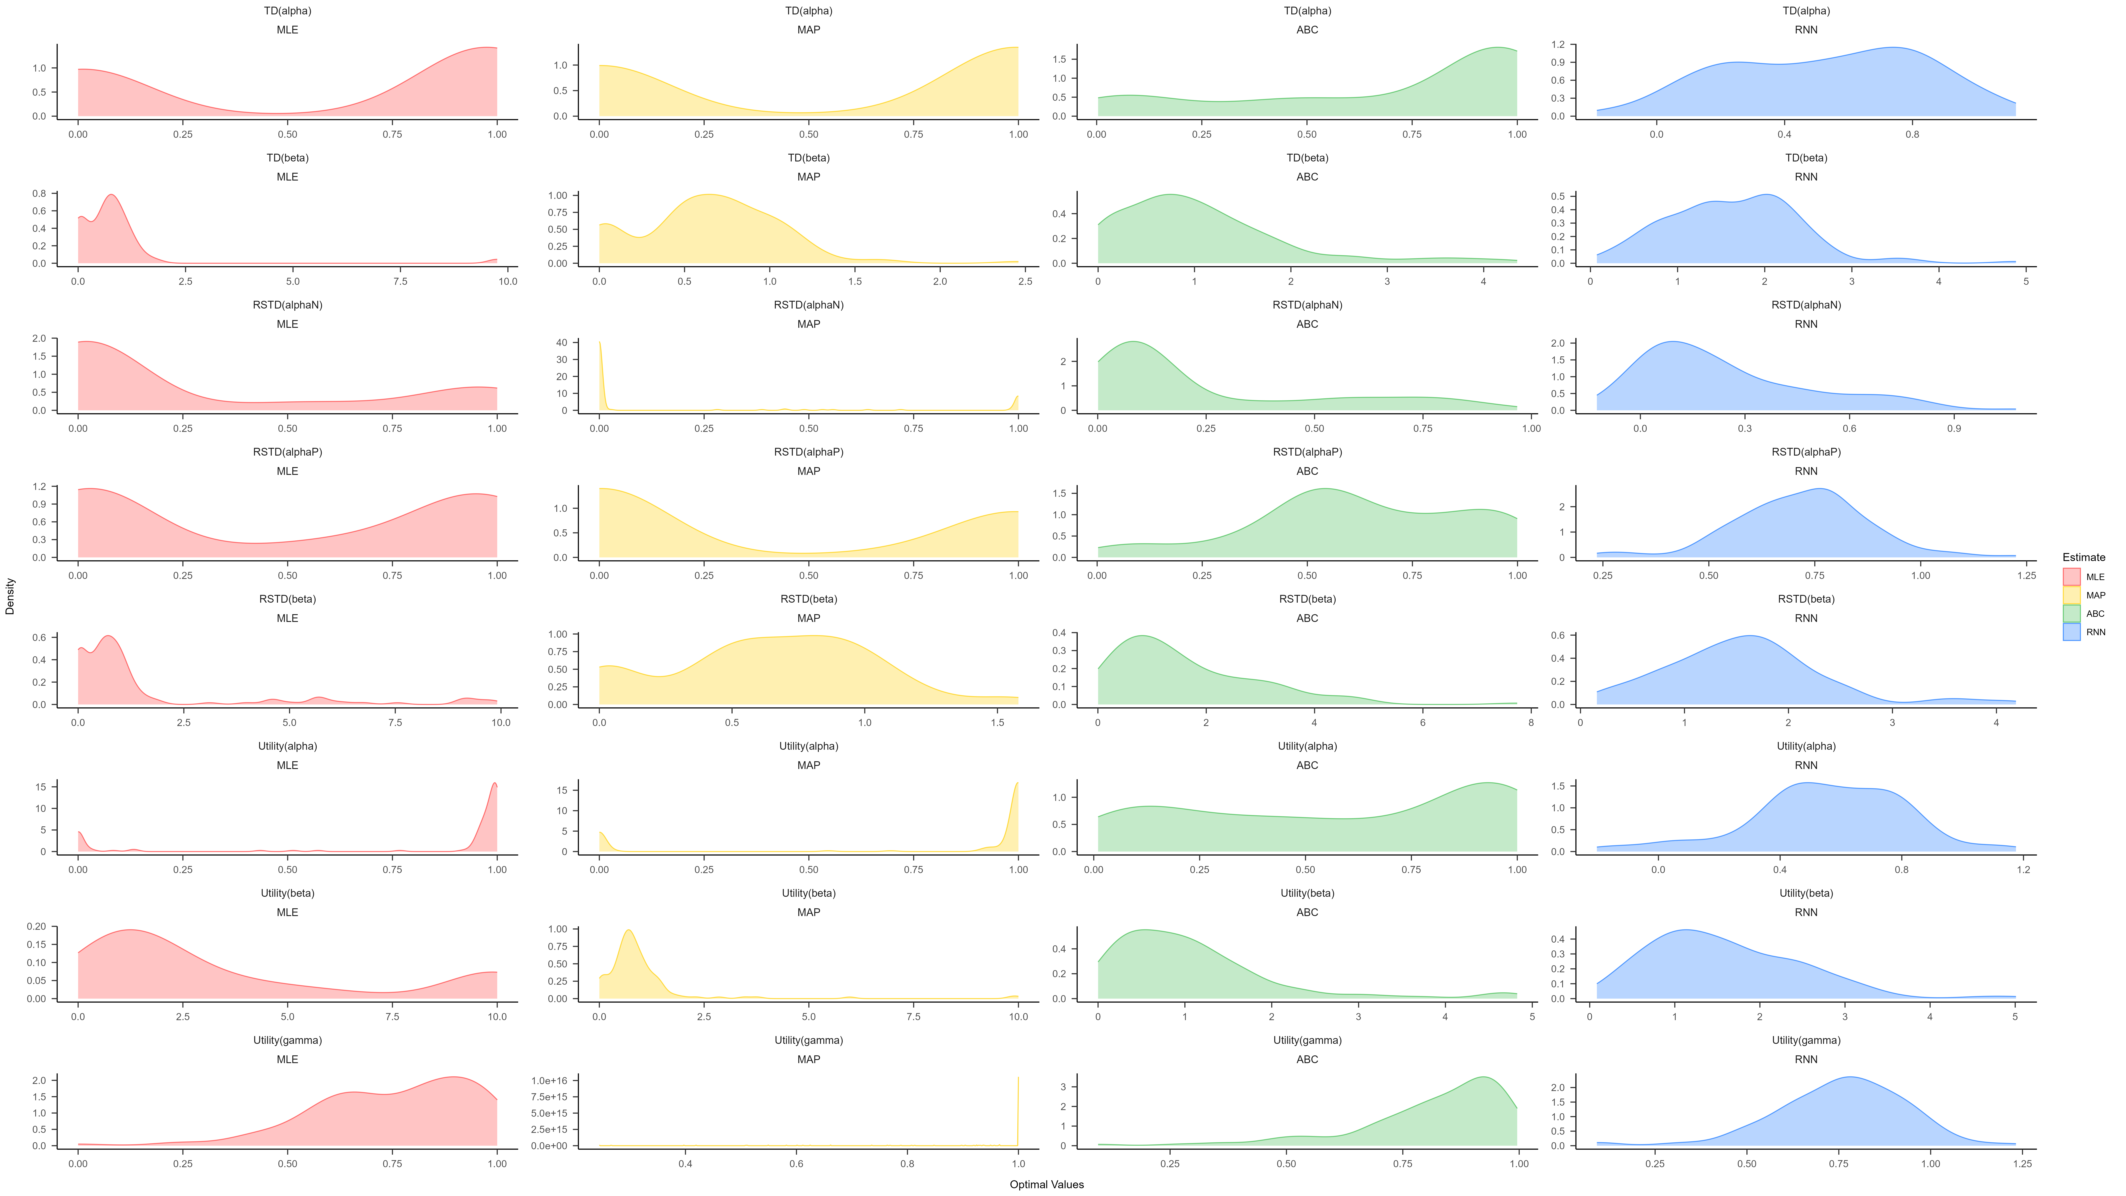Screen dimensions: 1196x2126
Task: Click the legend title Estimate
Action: [x=2083, y=557]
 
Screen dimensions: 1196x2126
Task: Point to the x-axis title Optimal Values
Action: [x=1046, y=1184]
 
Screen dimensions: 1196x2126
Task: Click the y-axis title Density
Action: [x=10, y=596]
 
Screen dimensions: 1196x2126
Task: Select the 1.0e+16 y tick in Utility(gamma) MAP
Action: [x=549, y=1080]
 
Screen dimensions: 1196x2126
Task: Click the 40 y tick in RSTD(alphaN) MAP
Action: [x=584, y=343]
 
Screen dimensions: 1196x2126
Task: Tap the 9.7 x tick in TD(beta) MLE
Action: [x=508, y=282]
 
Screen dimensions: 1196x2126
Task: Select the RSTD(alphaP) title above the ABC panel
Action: [x=1307, y=452]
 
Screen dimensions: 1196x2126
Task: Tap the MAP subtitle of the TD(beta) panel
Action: [x=808, y=177]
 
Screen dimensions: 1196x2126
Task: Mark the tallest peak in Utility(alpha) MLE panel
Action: [x=494, y=783]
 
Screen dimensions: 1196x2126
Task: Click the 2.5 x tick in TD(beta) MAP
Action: [x=1025, y=282]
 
